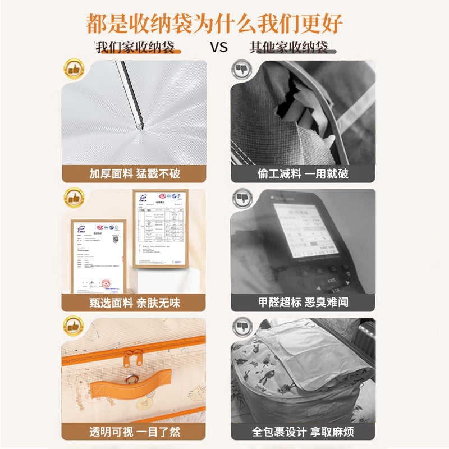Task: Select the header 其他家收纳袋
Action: point(289,47)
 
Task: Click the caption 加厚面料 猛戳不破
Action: point(134,173)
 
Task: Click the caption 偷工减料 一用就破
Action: point(303,173)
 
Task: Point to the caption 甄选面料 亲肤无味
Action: point(134,303)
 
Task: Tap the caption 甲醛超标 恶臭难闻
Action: point(303,303)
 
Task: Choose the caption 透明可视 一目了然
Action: point(134,432)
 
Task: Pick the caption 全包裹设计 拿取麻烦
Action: point(303,432)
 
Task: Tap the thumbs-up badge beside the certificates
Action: point(73,198)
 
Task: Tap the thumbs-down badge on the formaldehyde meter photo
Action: point(242,198)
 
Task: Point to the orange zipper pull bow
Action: point(133,355)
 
